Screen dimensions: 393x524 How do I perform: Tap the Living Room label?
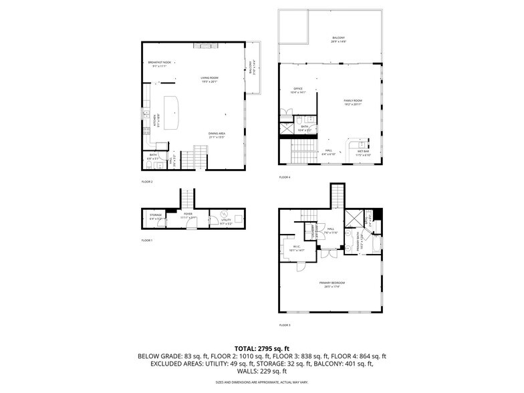pyautogui.click(x=210, y=79)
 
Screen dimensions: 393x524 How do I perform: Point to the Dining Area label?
pyautogui.click(x=217, y=135)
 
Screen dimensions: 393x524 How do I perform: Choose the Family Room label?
pyautogui.click(x=353, y=102)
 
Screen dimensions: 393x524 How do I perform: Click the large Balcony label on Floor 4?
pyautogui.click(x=339, y=39)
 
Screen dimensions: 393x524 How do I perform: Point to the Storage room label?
pyautogui.click(x=156, y=216)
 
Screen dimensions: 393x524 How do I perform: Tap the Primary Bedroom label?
pyautogui.click(x=334, y=284)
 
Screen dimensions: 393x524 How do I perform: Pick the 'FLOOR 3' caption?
pyautogui.click(x=285, y=325)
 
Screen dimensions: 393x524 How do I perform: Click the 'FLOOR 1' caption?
pyautogui.click(x=147, y=240)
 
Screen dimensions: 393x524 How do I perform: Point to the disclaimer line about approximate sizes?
pyautogui.click(x=262, y=383)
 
